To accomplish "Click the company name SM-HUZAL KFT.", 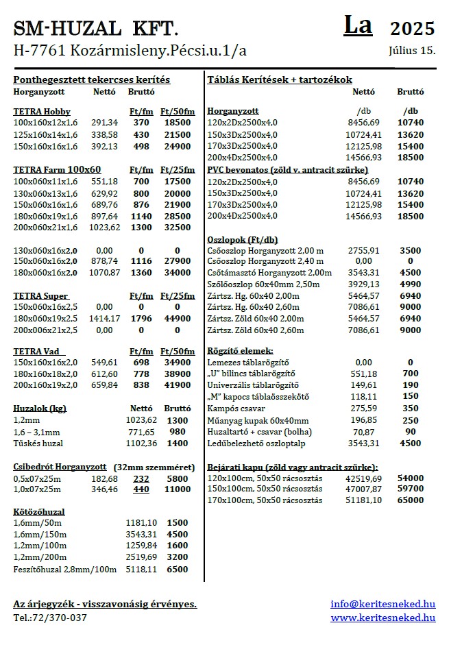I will point(96,28).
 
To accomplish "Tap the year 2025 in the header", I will point(412,28).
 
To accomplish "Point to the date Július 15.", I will point(412,50).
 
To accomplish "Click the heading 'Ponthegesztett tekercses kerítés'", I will point(92,80).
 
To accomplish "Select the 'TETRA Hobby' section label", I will point(42,111).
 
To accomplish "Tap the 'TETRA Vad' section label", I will point(38,351).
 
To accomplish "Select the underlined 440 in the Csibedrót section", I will point(141,489).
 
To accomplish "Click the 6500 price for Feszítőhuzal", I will point(178,569).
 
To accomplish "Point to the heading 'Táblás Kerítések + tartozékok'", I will point(280,80).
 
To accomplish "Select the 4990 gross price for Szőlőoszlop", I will point(410,284).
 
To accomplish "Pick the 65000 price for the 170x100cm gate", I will point(410,500).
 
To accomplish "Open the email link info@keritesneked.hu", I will point(382,604).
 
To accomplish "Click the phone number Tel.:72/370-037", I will point(50,618).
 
